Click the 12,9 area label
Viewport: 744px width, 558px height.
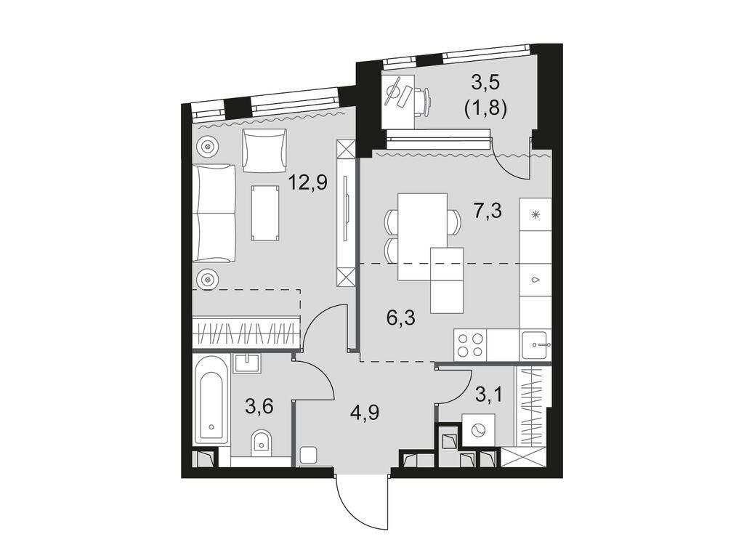pyautogui.click(x=308, y=182)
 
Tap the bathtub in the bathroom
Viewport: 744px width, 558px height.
pyautogui.click(x=211, y=408)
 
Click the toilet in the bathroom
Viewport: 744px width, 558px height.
pyautogui.click(x=261, y=442)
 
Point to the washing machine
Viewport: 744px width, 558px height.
pyautogui.click(x=478, y=431)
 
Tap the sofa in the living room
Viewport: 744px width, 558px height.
pyautogui.click(x=214, y=213)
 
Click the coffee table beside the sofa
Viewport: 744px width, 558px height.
pyautogui.click(x=265, y=212)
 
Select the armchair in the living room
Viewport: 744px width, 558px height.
pyautogui.click(x=264, y=150)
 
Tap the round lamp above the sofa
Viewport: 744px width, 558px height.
pyautogui.click(x=209, y=146)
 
